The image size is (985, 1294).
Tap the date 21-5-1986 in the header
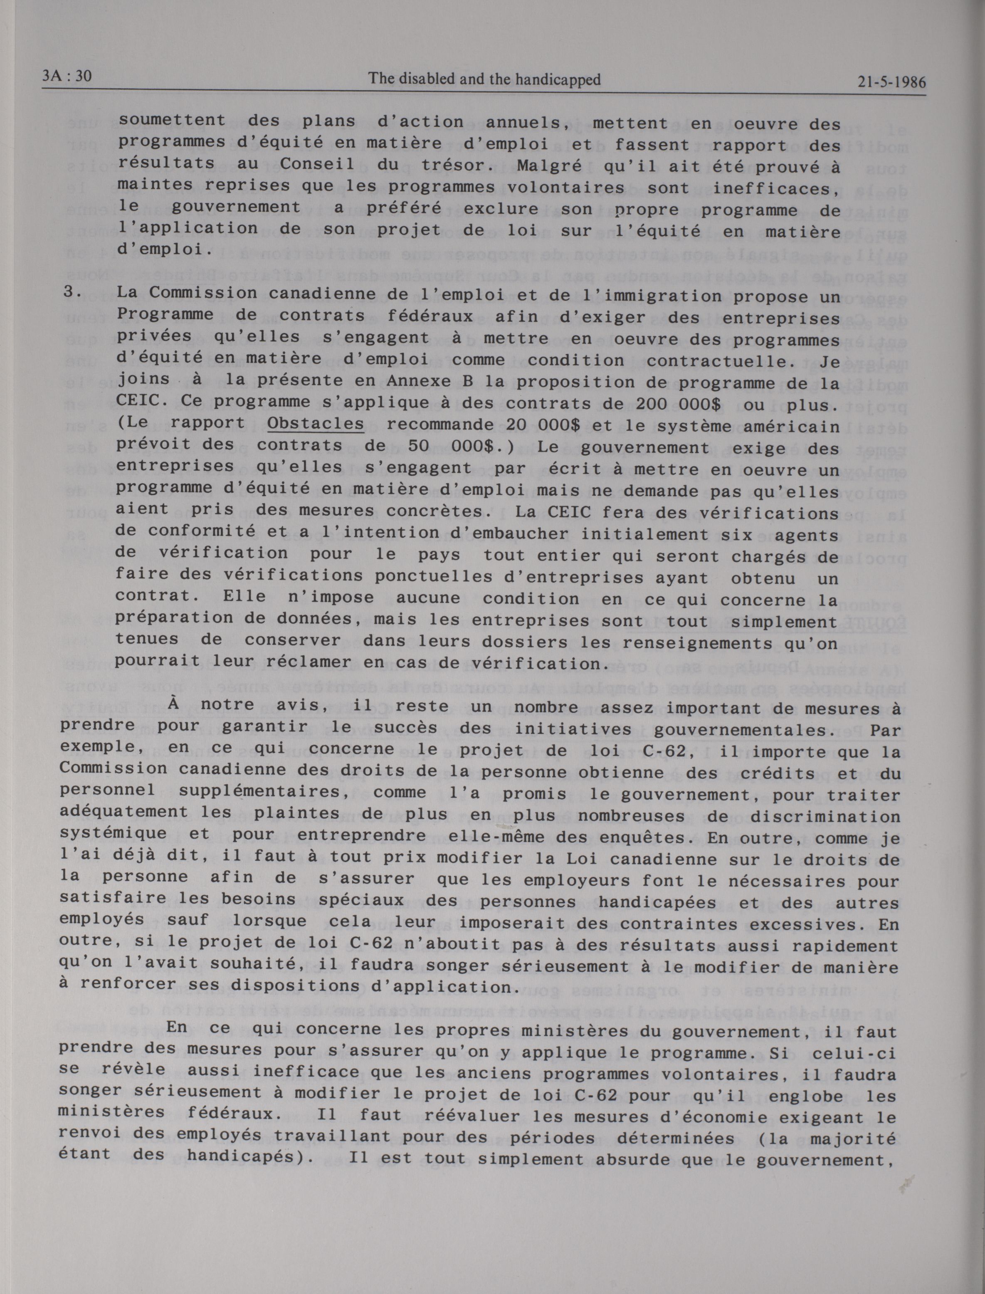[891, 81]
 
